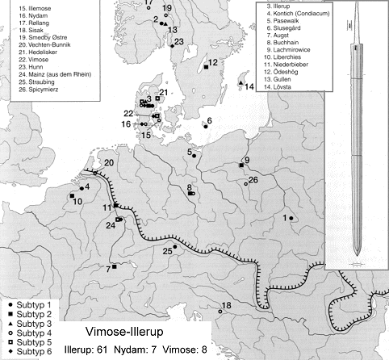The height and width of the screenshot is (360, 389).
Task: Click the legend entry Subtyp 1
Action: coord(27,304)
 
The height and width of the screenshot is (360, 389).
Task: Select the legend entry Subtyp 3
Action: coord(27,323)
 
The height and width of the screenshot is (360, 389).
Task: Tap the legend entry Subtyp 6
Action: coord(27,351)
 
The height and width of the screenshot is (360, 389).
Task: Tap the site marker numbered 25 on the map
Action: coord(175,246)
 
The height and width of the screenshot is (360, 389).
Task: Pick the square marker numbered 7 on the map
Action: coord(115,266)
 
